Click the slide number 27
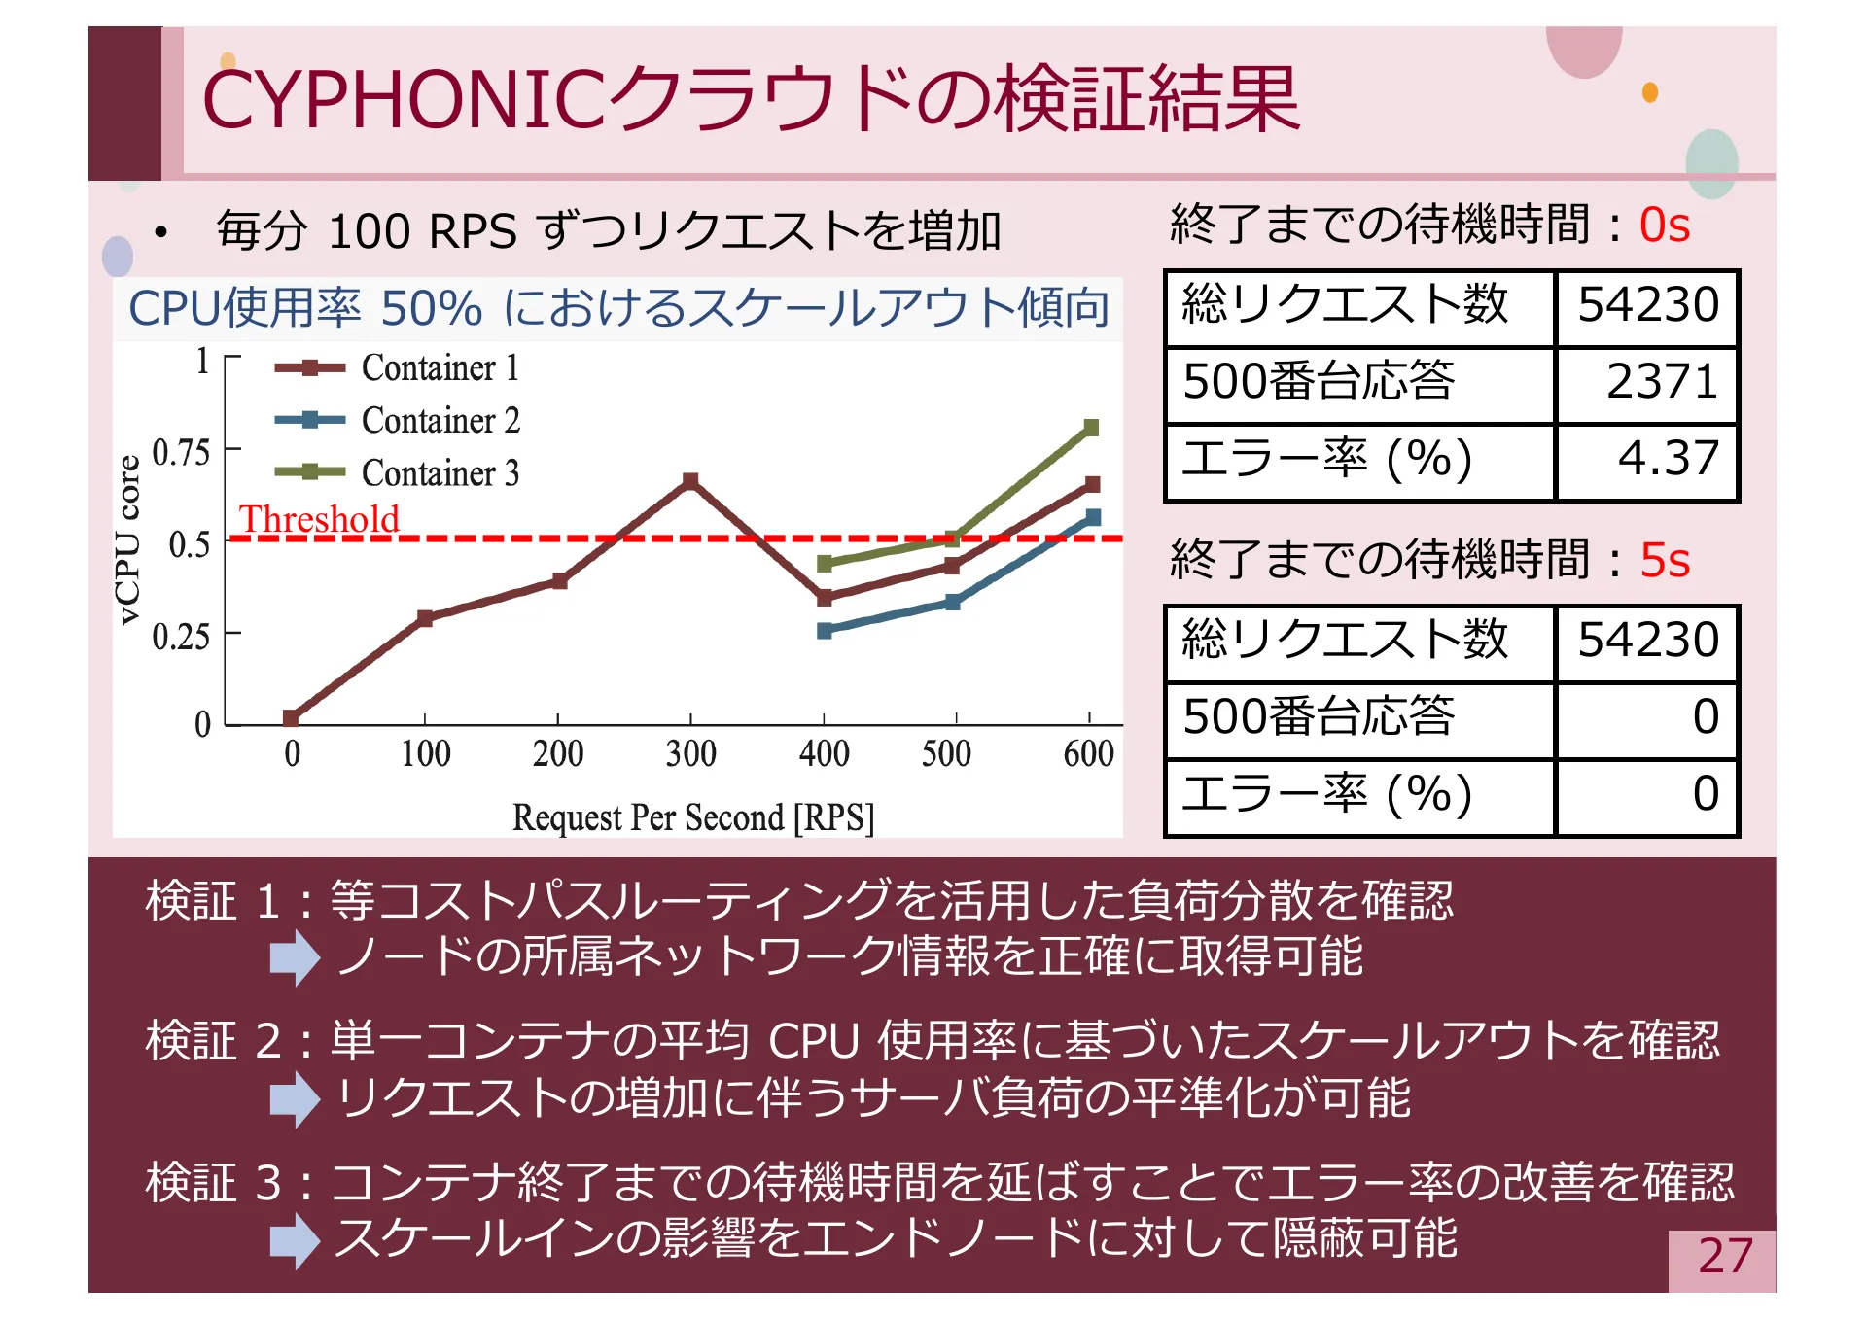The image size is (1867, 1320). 1724,1256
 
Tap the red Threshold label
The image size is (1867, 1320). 319,518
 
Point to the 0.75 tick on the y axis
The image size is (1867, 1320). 182,452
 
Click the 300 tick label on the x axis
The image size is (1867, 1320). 690,753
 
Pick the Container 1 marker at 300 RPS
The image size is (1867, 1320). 690,481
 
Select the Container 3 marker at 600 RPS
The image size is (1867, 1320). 1091,428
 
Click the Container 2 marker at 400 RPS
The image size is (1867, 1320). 825,631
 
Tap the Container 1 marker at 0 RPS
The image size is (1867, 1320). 291,718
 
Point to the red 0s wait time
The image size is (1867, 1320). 1664,226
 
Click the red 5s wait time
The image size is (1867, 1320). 1664,560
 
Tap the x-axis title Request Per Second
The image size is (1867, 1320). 692,817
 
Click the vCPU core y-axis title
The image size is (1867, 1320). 127,539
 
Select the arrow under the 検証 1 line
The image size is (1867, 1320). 295,957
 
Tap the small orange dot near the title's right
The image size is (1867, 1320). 1649,92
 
